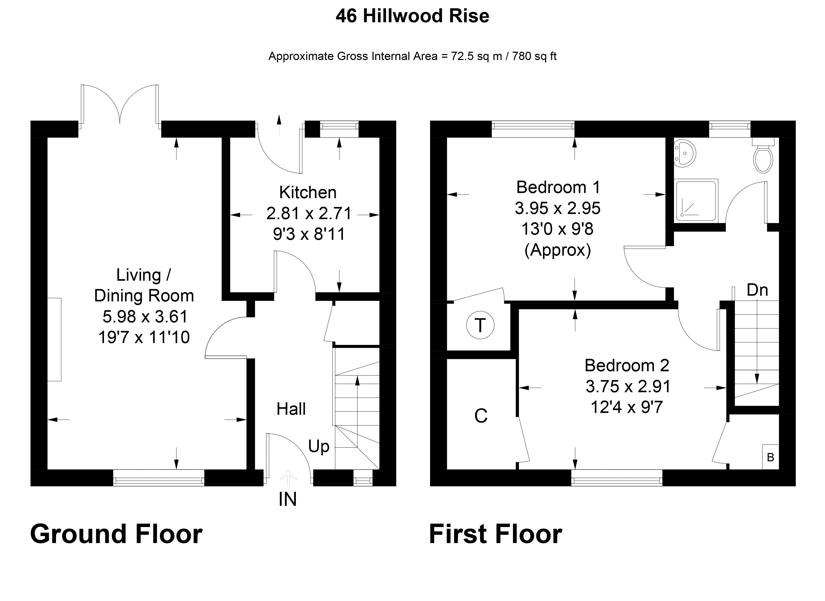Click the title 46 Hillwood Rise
pyautogui.click(x=412, y=16)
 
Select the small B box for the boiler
pyautogui.click(x=770, y=457)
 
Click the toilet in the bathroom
pyautogui.click(x=763, y=159)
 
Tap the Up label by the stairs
pyautogui.click(x=319, y=446)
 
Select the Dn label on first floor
pyautogui.click(x=757, y=290)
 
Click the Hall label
pyautogui.click(x=291, y=409)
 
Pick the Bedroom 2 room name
pyautogui.click(x=627, y=365)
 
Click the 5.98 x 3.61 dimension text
pyautogui.click(x=145, y=316)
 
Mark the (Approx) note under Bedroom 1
pyautogui.click(x=558, y=250)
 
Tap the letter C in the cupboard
pyautogui.click(x=481, y=416)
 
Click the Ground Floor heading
pyautogui.click(x=116, y=534)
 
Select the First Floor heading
pyautogui.click(x=496, y=534)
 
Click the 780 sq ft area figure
pyautogui.click(x=534, y=56)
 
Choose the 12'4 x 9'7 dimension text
pyautogui.click(x=627, y=407)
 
